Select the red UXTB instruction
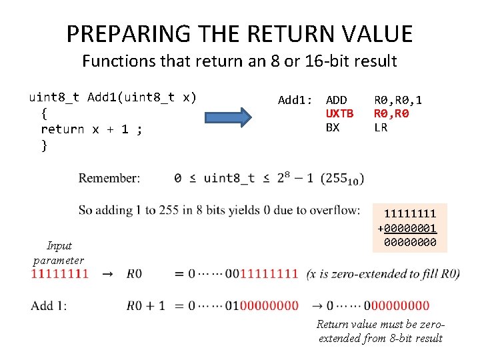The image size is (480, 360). (339, 113)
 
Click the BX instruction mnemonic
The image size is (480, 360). (332, 127)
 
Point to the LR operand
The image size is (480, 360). (380, 127)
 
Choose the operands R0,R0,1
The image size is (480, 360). (397, 100)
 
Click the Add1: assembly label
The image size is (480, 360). (295, 100)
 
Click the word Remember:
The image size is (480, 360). (109, 178)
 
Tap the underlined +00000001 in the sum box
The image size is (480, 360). (407, 228)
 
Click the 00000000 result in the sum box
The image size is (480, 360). (410, 242)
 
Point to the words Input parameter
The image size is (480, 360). (59, 253)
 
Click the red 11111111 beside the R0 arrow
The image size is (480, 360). (59, 273)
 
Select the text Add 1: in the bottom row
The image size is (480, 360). (49, 305)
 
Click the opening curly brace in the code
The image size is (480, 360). (44, 113)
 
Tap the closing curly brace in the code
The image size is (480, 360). (44, 145)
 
